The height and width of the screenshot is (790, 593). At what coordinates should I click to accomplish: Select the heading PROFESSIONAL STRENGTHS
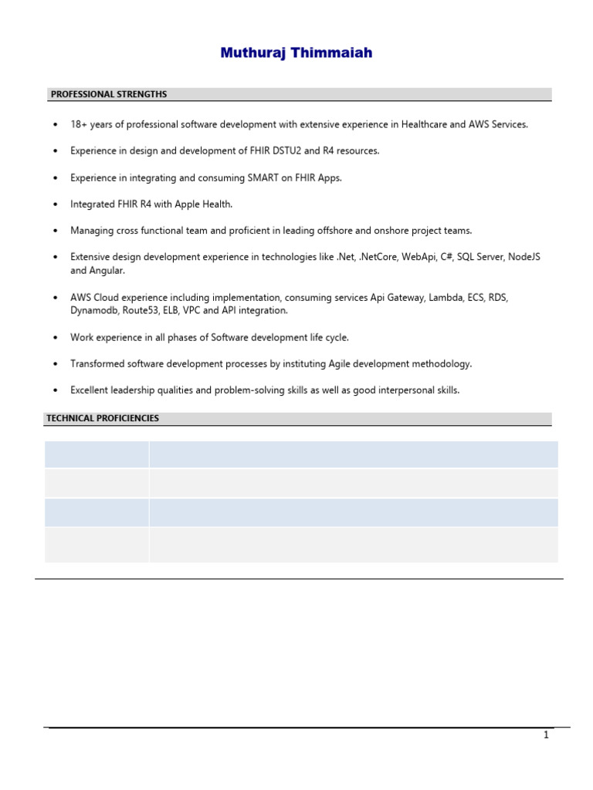coord(108,94)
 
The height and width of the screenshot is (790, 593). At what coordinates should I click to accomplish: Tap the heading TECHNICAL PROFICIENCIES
coord(103,418)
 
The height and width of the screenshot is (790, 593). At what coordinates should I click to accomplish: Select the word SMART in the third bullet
coord(263,177)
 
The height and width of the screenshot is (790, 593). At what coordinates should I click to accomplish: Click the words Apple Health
coord(205,204)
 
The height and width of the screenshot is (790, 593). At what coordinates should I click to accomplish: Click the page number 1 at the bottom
coord(546,735)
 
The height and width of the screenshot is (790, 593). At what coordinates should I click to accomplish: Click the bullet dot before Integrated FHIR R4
coord(55,204)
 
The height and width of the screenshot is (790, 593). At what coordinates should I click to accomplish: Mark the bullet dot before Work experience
coord(55,337)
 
